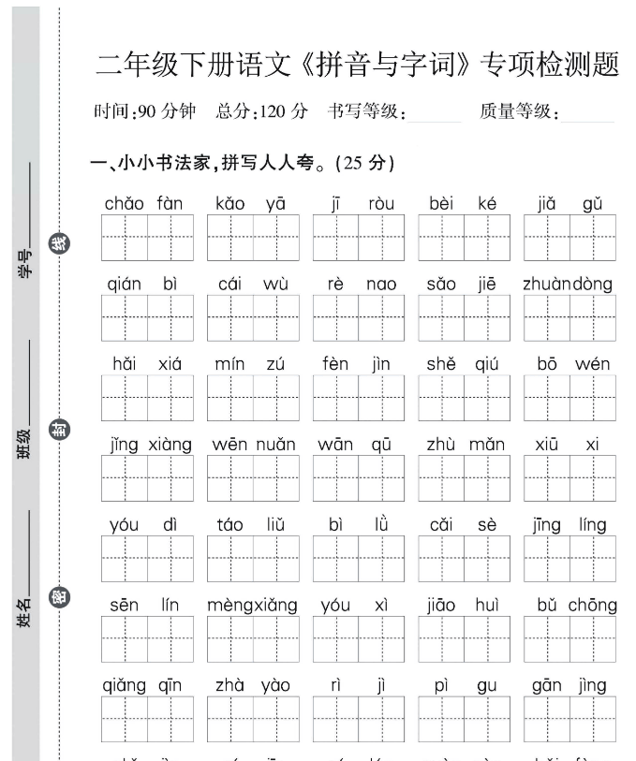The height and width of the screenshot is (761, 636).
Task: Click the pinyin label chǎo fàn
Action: tap(144, 203)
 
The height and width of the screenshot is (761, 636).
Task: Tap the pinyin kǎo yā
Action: tap(250, 203)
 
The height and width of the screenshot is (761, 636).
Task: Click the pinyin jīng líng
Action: tap(569, 525)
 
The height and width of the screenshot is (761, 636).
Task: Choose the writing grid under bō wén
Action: tap(569, 398)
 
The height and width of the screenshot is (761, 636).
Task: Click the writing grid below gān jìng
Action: tap(569, 719)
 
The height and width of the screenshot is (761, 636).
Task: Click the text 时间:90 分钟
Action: tap(145, 112)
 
